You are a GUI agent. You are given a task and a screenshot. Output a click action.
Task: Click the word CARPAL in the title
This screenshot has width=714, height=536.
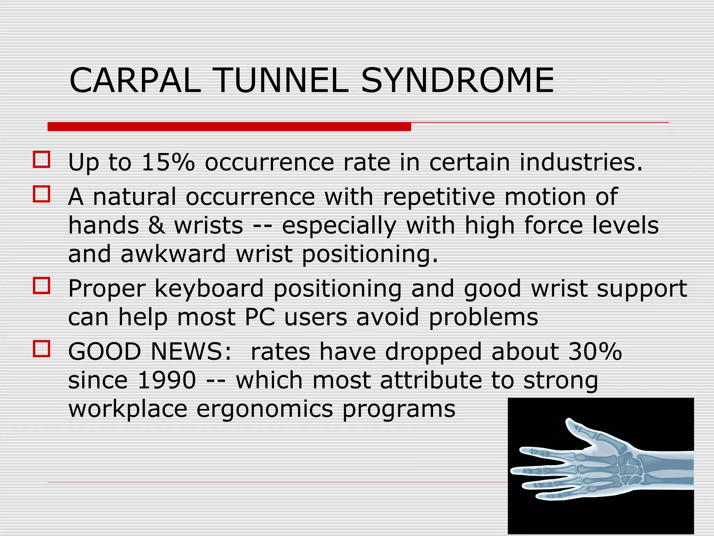tap(135, 81)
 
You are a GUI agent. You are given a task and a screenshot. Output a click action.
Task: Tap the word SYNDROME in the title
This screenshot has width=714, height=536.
tap(457, 81)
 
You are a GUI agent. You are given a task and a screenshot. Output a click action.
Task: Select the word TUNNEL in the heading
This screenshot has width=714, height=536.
tap(282, 81)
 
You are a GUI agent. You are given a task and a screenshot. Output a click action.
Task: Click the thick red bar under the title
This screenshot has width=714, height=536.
tap(229, 126)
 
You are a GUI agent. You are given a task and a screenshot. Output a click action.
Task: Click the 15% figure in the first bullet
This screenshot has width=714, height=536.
tap(168, 162)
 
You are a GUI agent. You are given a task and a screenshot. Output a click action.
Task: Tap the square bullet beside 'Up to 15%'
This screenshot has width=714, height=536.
tap(41, 159)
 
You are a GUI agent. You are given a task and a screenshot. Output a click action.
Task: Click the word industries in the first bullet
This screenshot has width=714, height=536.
tap(580, 162)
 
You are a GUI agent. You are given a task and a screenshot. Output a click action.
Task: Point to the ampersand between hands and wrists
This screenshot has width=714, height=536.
tap(157, 225)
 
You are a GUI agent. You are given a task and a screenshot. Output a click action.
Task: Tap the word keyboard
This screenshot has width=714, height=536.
tap(209, 289)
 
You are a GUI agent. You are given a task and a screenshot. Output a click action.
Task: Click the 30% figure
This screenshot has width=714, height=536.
tap(595, 351)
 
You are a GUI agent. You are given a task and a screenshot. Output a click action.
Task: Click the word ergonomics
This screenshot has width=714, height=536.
tap(265, 409)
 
